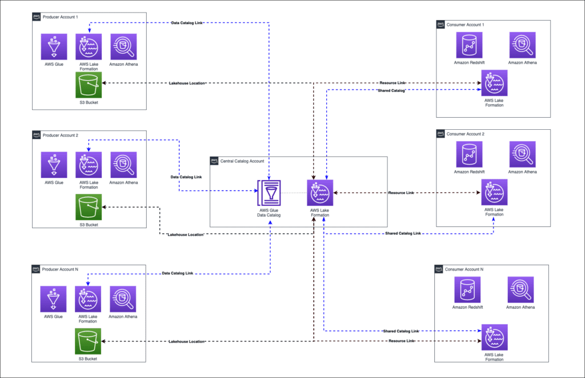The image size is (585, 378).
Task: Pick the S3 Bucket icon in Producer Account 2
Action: pyautogui.click(x=88, y=208)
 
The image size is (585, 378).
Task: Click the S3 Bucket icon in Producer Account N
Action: pyautogui.click(x=88, y=342)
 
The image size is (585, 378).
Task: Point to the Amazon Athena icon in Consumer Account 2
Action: pyautogui.click(x=522, y=154)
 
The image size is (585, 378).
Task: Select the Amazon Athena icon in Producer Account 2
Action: pyautogui.click(x=123, y=165)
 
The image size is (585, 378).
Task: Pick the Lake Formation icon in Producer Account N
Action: pyautogui.click(x=88, y=299)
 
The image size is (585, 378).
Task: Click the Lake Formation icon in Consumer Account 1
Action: pyautogui.click(x=494, y=83)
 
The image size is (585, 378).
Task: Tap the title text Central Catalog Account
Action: pyautogui.click(x=242, y=161)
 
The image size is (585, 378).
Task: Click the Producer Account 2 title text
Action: pyautogui.click(x=61, y=136)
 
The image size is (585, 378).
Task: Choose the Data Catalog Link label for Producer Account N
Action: pyautogui.click(x=178, y=273)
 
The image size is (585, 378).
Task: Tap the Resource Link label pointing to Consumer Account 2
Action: pyautogui.click(x=401, y=193)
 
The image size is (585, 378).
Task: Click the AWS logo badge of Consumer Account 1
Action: pyautogui.click(x=440, y=25)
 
